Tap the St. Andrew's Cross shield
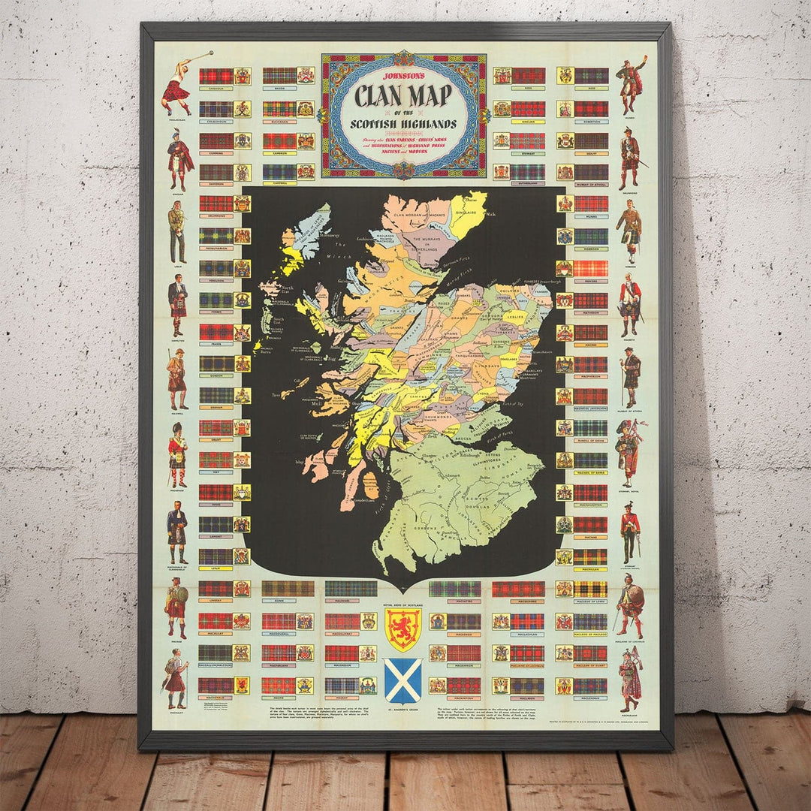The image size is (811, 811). click(x=402, y=679)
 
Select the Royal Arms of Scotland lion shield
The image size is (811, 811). click(x=402, y=629)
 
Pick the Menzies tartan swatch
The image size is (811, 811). click(x=590, y=268)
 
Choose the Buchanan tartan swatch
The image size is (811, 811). click(x=279, y=108)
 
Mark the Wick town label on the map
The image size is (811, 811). click(x=490, y=214)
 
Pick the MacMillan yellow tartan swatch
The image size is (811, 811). click(x=590, y=556)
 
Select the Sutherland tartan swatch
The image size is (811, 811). click(x=528, y=172)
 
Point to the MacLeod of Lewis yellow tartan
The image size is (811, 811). click(x=590, y=589)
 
